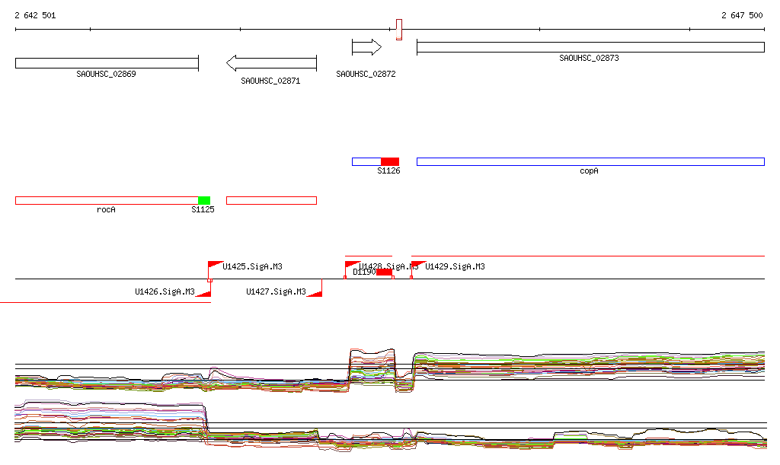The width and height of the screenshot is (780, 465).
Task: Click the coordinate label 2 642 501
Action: (35, 15)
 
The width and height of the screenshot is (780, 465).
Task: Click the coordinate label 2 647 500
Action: (742, 15)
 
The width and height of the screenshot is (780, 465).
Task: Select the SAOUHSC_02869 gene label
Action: (106, 74)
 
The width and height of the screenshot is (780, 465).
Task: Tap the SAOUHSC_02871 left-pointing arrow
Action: (271, 62)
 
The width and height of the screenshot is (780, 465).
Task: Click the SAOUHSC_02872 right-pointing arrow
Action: (366, 47)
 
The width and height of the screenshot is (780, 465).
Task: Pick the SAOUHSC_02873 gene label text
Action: (589, 58)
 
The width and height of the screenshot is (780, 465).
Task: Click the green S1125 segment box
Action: (204, 200)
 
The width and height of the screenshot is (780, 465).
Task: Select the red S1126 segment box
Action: (390, 161)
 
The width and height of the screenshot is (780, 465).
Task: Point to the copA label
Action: (589, 171)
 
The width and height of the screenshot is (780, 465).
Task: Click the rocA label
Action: (106, 209)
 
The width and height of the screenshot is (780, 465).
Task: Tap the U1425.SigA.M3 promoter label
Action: (253, 266)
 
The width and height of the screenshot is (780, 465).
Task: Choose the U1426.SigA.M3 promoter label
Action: (165, 291)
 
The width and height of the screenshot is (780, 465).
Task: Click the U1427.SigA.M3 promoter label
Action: (276, 291)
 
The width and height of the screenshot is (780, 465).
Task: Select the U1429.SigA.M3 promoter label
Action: (455, 266)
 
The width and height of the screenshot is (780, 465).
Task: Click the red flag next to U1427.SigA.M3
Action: (315, 290)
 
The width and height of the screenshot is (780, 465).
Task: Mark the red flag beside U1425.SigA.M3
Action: (214, 265)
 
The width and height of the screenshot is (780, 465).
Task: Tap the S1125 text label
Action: (203, 209)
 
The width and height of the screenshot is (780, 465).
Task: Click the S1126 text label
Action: (388, 171)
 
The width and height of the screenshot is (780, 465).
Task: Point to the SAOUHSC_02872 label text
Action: (366, 74)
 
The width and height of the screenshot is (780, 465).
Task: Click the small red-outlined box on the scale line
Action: (398, 30)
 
